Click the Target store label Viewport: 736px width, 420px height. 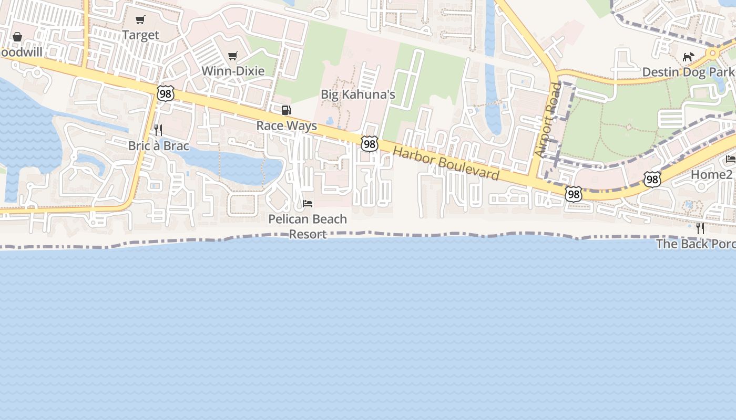coord(140,35)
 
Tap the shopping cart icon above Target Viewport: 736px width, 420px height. coord(140,20)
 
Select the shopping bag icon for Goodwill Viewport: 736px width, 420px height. coord(17,37)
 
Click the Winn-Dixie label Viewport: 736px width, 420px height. coord(233,71)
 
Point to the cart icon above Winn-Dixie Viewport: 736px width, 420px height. coord(233,56)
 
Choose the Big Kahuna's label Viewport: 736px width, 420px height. coord(358,94)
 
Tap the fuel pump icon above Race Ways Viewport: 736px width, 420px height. coord(287,110)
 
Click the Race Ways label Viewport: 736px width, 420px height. coord(287,126)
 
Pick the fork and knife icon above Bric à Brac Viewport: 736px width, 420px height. coord(158,130)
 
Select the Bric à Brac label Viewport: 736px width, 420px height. coord(158,146)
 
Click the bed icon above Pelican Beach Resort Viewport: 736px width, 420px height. coord(308,203)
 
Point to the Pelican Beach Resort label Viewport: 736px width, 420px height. coord(308,226)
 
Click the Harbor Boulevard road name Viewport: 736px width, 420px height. coord(446,164)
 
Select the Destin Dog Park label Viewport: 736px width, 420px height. coord(688,72)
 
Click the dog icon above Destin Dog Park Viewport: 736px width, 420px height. coord(688,57)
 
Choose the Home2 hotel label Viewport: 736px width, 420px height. coord(711,174)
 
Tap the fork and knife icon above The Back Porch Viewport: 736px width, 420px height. coord(700,228)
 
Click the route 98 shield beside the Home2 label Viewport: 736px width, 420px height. coord(652,180)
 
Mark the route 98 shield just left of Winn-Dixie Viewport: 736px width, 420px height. coord(165,93)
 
